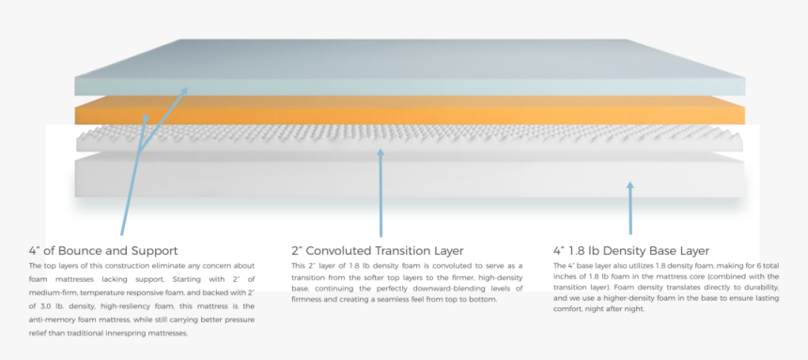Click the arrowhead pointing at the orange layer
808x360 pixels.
(146, 117)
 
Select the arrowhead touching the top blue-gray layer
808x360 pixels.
(184, 90)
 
